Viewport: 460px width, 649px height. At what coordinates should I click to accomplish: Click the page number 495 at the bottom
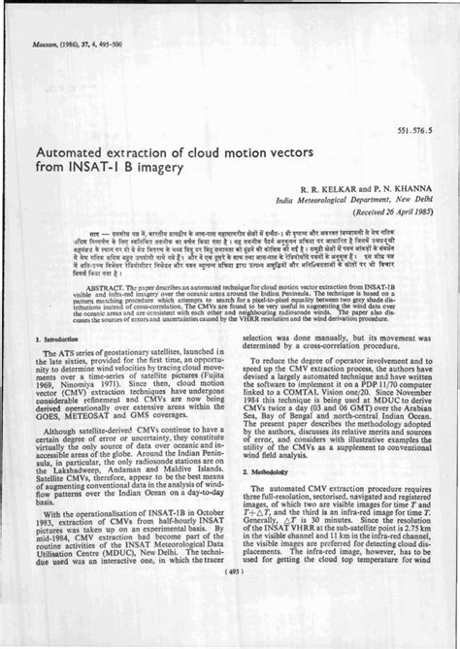230,626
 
